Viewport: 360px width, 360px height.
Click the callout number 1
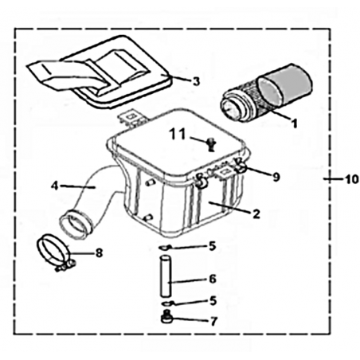point(294,123)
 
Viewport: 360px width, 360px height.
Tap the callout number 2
point(256,214)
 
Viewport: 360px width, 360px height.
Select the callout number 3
point(196,81)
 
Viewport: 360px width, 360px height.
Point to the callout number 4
point(54,186)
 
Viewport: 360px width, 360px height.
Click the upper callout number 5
point(213,246)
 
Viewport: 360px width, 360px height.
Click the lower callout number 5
point(213,301)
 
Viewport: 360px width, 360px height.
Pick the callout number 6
point(213,279)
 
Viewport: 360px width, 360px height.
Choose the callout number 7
point(213,322)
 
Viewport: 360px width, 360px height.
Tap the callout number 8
point(99,253)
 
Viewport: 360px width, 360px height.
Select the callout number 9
point(276,177)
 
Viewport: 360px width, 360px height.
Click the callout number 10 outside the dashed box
point(352,180)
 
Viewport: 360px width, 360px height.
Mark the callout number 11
point(178,134)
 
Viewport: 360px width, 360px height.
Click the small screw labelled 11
point(211,144)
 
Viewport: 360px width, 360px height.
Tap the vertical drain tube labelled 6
point(166,276)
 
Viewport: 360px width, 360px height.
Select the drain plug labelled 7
point(166,317)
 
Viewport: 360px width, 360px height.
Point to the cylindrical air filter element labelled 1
point(266,93)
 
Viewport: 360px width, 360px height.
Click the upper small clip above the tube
point(165,248)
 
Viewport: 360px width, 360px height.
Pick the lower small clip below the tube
point(167,303)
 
